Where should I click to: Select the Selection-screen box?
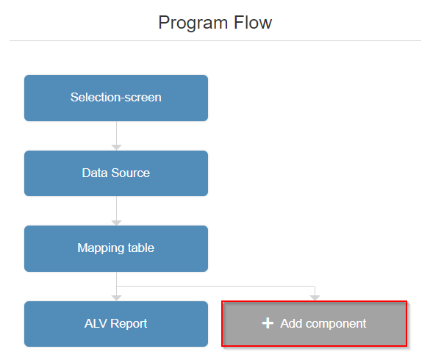[x=116, y=98]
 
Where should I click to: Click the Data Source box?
[x=116, y=173]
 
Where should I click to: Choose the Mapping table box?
[x=116, y=248]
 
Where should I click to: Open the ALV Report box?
[x=116, y=324]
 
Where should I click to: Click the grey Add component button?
[x=315, y=324]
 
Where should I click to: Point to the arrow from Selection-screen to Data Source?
[x=116, y=137]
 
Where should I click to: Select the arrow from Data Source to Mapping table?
[x=116, y=212]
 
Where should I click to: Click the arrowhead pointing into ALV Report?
[x=116, y=298]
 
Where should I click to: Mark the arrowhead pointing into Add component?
[x=315, y=298]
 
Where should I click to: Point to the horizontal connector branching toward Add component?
[x=221, y=287]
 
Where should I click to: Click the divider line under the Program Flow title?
[x=215, y=40]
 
